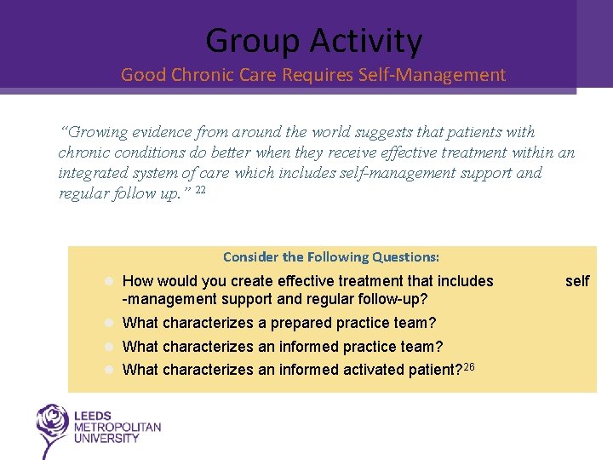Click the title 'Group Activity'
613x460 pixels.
click(313, 41)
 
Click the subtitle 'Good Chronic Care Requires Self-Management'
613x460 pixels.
click(313, 75)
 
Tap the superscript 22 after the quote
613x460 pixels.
click(200, 190)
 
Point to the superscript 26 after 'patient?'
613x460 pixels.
click(469, 365)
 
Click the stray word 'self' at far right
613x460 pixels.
click(577, 281)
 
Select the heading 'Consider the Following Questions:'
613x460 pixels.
click(331, 256)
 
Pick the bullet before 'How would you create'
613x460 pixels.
click(110, 281)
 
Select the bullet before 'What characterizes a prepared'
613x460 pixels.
click(110, 324)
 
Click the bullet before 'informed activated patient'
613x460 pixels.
click(110, 370)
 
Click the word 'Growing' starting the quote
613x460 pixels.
click(95, 132)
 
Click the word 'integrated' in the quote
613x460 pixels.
click(89, 173)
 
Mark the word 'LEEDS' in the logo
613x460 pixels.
click(93, 417)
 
